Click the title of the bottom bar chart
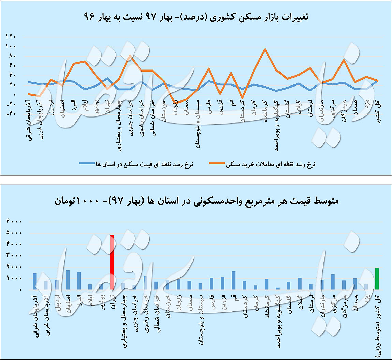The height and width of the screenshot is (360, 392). [x=196, y=201]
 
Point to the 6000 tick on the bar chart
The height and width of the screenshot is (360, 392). [x=14, y=221]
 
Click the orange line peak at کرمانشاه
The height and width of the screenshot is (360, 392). [x=265, y=49]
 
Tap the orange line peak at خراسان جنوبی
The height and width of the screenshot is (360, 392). [x=130, y=56]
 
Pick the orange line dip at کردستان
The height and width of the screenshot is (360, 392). [x=242, y=98]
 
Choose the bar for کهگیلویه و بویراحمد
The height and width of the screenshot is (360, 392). [x=277, y=288]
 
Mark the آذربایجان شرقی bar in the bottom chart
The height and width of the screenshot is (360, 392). [x=35, y=281]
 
